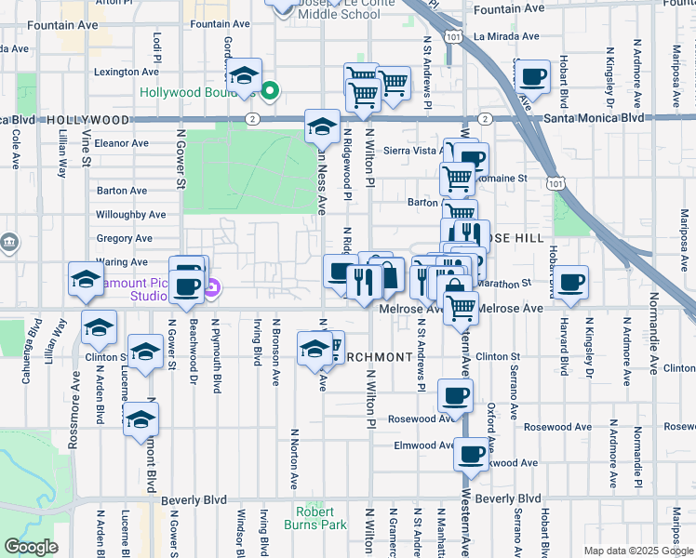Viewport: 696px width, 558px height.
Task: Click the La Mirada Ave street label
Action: [508, 36]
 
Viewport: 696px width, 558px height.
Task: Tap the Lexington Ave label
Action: [121, 72]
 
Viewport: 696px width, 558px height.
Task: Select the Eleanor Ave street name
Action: [121, 143]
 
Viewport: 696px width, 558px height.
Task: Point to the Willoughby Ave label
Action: [131, 215]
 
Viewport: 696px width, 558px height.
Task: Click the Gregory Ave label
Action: [124, 239]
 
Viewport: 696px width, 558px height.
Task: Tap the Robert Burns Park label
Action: [322, 518]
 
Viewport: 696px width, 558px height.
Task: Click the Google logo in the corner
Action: [31, 547]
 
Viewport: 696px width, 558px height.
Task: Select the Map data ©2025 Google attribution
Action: [638, 551]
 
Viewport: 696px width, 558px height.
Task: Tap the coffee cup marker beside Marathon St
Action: [570, 281]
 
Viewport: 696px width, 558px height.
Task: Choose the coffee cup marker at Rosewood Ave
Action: [455, 396]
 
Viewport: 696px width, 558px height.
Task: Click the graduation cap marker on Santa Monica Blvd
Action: [322, 126]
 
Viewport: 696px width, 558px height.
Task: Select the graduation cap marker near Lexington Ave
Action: [245, 74]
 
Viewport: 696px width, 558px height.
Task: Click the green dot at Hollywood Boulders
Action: [270, 91]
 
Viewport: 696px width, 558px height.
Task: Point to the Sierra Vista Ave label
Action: [409, 150]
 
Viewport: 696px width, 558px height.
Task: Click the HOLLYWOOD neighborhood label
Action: [88, 120]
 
